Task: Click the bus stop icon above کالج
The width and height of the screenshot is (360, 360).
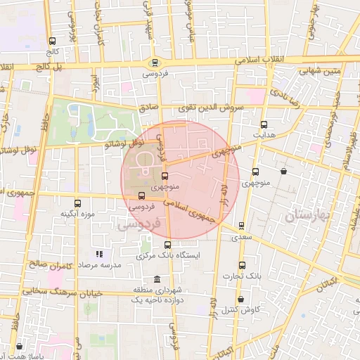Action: click(x=53, y=41)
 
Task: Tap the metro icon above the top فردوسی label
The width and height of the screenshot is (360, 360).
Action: click(x=155, y=62)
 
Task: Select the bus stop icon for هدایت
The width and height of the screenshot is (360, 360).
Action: click(x=264, y=124)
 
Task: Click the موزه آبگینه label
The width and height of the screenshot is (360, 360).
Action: click(x=77, y=213)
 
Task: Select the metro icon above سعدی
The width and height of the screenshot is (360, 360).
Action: click(x=242, y=226)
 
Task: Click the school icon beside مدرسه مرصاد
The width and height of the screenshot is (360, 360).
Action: click(x=99, y=253)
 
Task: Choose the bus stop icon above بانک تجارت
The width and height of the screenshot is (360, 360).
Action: click(x=243, y=265)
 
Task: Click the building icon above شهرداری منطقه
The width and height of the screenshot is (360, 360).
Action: click(x=166, y=280)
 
